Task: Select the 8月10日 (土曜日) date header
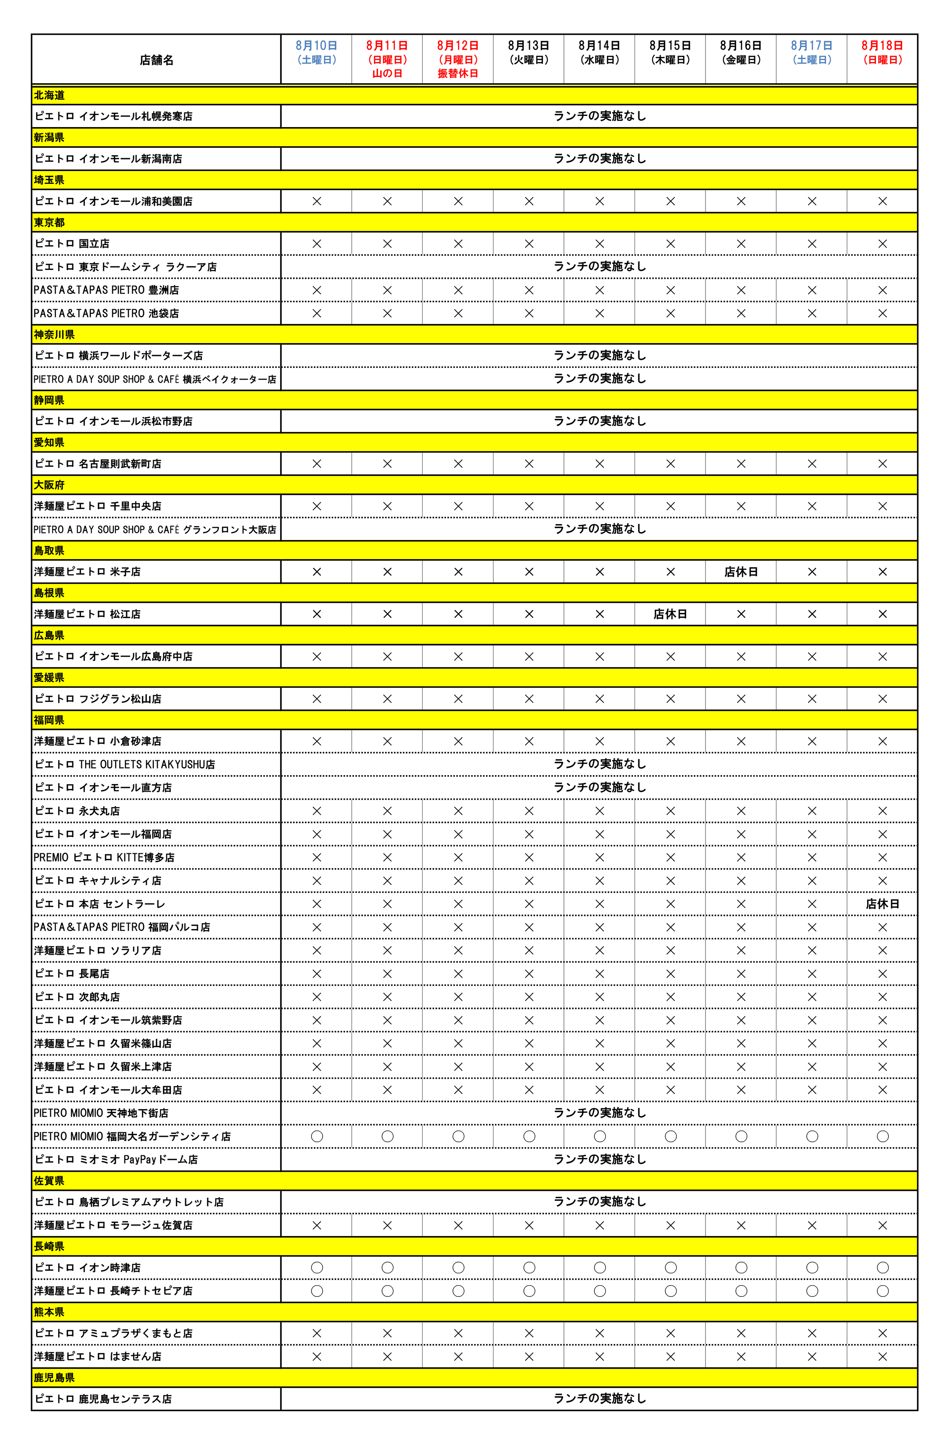coord(316,52)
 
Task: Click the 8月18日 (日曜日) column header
coord(882,52)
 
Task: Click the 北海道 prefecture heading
coord(49,95)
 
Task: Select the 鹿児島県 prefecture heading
coord(54,1377)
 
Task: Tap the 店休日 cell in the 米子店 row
coord(741,572)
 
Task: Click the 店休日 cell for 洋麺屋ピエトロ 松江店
coord(670,614)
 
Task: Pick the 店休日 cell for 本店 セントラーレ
coord(882,903)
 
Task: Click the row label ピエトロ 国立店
coord(72,243)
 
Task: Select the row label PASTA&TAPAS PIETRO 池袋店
coord(106,313)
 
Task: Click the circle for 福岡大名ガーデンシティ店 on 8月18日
coord(882,1136)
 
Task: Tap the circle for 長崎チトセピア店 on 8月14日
coord(600,1290)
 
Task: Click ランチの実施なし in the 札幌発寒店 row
coord(600,116)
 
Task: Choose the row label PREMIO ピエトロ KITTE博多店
coord(104,857)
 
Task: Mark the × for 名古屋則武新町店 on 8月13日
coord(528,463)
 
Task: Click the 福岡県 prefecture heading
coord(49,720)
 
